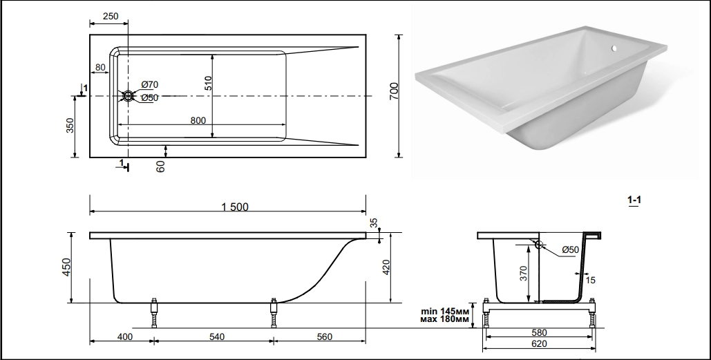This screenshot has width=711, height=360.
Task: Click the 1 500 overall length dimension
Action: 235,207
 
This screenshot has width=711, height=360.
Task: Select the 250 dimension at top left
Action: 110,16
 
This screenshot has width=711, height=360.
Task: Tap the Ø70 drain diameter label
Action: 150,84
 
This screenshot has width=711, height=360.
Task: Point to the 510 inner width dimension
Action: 208,83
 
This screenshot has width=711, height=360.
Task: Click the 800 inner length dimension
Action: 198,120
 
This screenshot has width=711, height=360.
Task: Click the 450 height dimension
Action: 66,267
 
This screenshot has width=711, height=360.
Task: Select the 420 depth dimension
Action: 386,267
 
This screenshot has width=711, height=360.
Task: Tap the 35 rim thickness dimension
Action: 374,222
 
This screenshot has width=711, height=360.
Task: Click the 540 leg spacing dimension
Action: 217,337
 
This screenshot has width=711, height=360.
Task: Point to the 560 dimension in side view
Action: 325,337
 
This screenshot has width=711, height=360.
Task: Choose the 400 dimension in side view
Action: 124,337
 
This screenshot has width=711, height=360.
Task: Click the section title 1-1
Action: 634,200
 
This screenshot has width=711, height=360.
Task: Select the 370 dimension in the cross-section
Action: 523,273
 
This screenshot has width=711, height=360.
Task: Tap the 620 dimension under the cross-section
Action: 539,343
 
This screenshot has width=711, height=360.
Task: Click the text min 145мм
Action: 445,312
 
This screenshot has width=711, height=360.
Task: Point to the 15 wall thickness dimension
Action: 590,281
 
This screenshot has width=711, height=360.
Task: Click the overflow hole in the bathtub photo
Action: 614,48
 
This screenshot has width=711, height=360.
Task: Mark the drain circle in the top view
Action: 129,95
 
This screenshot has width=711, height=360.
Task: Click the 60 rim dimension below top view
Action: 160,167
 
